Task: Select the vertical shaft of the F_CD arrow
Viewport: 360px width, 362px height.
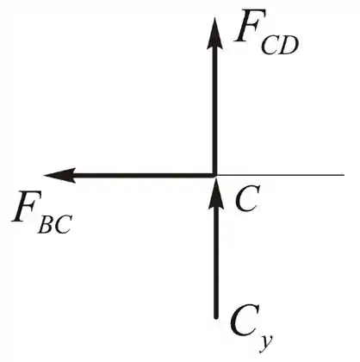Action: click(x=214, y=110)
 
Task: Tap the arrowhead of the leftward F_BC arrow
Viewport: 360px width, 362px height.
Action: click(x=60, y=175)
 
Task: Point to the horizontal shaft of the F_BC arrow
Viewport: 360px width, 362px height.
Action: click(x=144, y=175)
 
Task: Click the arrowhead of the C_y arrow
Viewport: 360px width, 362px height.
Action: click(x=215, y=192)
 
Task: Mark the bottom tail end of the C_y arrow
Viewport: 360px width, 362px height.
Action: click(x=216, y=318)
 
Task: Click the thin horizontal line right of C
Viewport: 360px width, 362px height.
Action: click(x=281, y=174)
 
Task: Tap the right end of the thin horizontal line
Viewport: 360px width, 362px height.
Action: click(x=344, y=174)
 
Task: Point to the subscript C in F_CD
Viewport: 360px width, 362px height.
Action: click(x=270, y=46)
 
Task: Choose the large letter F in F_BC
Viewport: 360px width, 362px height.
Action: click(x=25, y=207)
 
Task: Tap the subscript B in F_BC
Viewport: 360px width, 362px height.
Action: click(x=46, y=224)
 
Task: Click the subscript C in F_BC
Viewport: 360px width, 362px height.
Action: click(x=62, y=224)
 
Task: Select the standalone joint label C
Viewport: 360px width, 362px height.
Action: click(x=247, y=198)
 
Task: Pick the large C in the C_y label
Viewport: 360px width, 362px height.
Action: click(x=243, y=321)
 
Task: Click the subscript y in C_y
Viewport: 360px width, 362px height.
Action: click(x=264, y=342)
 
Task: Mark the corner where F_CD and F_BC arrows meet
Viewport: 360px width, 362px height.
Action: click(x=214, y=175)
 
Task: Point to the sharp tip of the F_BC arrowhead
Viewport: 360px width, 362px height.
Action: click(x=44, y=175)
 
